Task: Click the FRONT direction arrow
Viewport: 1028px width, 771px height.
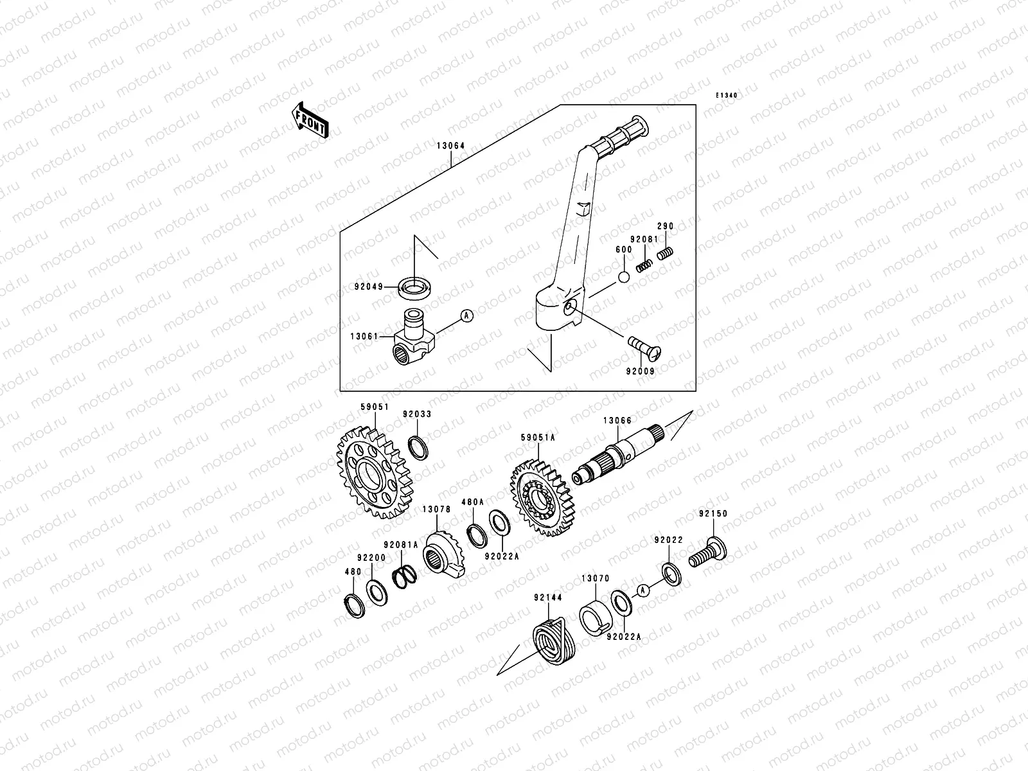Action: pyautogui.click(x=310, y=121)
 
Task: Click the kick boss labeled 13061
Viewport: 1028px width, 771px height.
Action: pyautogui.click(x=410, y=337)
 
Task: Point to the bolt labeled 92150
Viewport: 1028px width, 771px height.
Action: pyautogui.click(x=707, y=553)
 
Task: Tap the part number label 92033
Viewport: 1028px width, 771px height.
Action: pyautogui.click(x=417, y=414)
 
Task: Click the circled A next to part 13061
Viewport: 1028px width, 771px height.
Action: pyautogui.click(x=467, y=315)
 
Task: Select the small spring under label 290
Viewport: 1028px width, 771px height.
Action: pyautogui.click(x=666, y=255)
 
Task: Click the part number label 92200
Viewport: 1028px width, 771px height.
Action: pyautogui.click(x=371, y=558)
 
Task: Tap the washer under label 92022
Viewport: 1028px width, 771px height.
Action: pyautogui.click(x=669, y=573)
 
